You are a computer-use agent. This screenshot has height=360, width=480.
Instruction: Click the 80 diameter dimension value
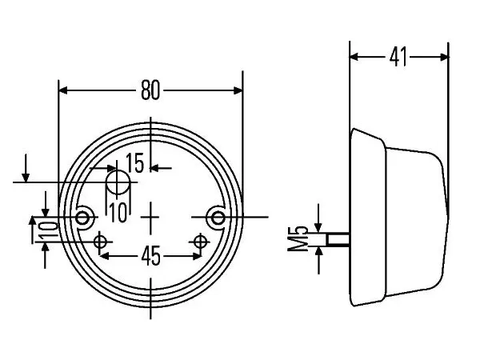pos(150,90)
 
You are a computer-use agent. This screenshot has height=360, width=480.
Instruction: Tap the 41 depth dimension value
pos(398,57)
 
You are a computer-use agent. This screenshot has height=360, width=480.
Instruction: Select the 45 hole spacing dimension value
pos(151,256)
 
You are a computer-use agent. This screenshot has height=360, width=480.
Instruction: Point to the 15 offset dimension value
pos(134,163)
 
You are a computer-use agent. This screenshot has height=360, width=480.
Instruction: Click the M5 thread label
pos(298,238)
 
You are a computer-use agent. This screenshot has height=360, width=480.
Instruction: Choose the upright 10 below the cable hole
pos(118,213)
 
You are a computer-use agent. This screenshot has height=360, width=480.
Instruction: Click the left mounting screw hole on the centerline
pos(82,218)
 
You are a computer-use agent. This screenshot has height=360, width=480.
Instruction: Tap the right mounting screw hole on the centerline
pos(218,218)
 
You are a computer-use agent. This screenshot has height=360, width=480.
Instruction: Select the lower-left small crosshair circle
pos(99,242)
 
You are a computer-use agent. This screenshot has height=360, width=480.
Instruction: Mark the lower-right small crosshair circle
pos(200,242)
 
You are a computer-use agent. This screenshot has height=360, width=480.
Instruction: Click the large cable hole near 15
pos(118,182)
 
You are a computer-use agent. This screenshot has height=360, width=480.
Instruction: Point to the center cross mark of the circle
pos(150,218)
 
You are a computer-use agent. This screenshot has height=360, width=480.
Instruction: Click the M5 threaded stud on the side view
pos(338,239)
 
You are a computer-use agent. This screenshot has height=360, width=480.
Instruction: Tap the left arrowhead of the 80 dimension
pos(62,90)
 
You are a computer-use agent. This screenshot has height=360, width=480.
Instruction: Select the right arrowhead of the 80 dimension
pos(238,90)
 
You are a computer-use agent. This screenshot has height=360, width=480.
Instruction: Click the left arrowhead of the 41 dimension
pos(354,57)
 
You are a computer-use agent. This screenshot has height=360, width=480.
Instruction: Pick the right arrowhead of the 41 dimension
pos(444,57)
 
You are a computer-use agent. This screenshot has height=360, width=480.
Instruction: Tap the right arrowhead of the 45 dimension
pos(196,256)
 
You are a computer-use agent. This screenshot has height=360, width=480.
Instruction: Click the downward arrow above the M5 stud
pos(318,218)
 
